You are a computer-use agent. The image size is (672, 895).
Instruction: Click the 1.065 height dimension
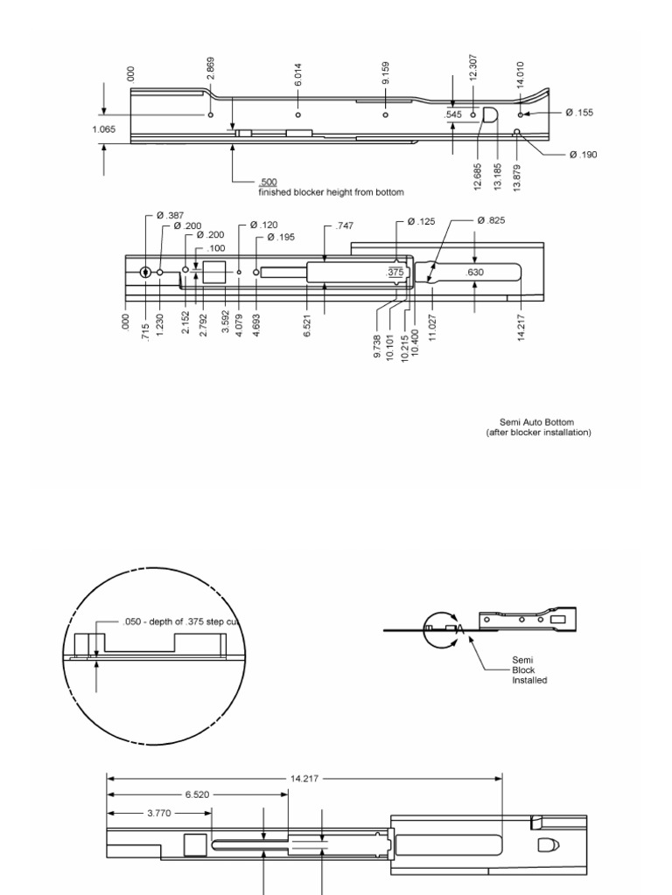[103, 129]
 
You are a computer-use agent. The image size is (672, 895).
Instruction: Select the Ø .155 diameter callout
[579, 113]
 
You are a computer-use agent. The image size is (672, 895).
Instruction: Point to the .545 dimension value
[453, 114]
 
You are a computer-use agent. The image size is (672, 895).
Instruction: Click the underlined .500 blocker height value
[269, 183]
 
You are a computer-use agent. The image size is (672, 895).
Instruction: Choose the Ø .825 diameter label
[492, 220]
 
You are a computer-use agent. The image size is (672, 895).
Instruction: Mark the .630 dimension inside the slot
[475, 272]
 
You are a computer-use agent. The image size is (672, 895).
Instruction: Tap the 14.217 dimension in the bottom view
[304, 777]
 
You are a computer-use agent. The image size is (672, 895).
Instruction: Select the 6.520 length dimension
[196, 794]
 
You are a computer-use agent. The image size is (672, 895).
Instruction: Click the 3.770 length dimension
[159, 812]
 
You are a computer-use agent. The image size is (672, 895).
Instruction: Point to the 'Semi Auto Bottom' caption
[538, 422]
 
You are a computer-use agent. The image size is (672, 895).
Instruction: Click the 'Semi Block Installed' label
[529, 670]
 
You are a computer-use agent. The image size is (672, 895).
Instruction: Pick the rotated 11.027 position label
[433, 326]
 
